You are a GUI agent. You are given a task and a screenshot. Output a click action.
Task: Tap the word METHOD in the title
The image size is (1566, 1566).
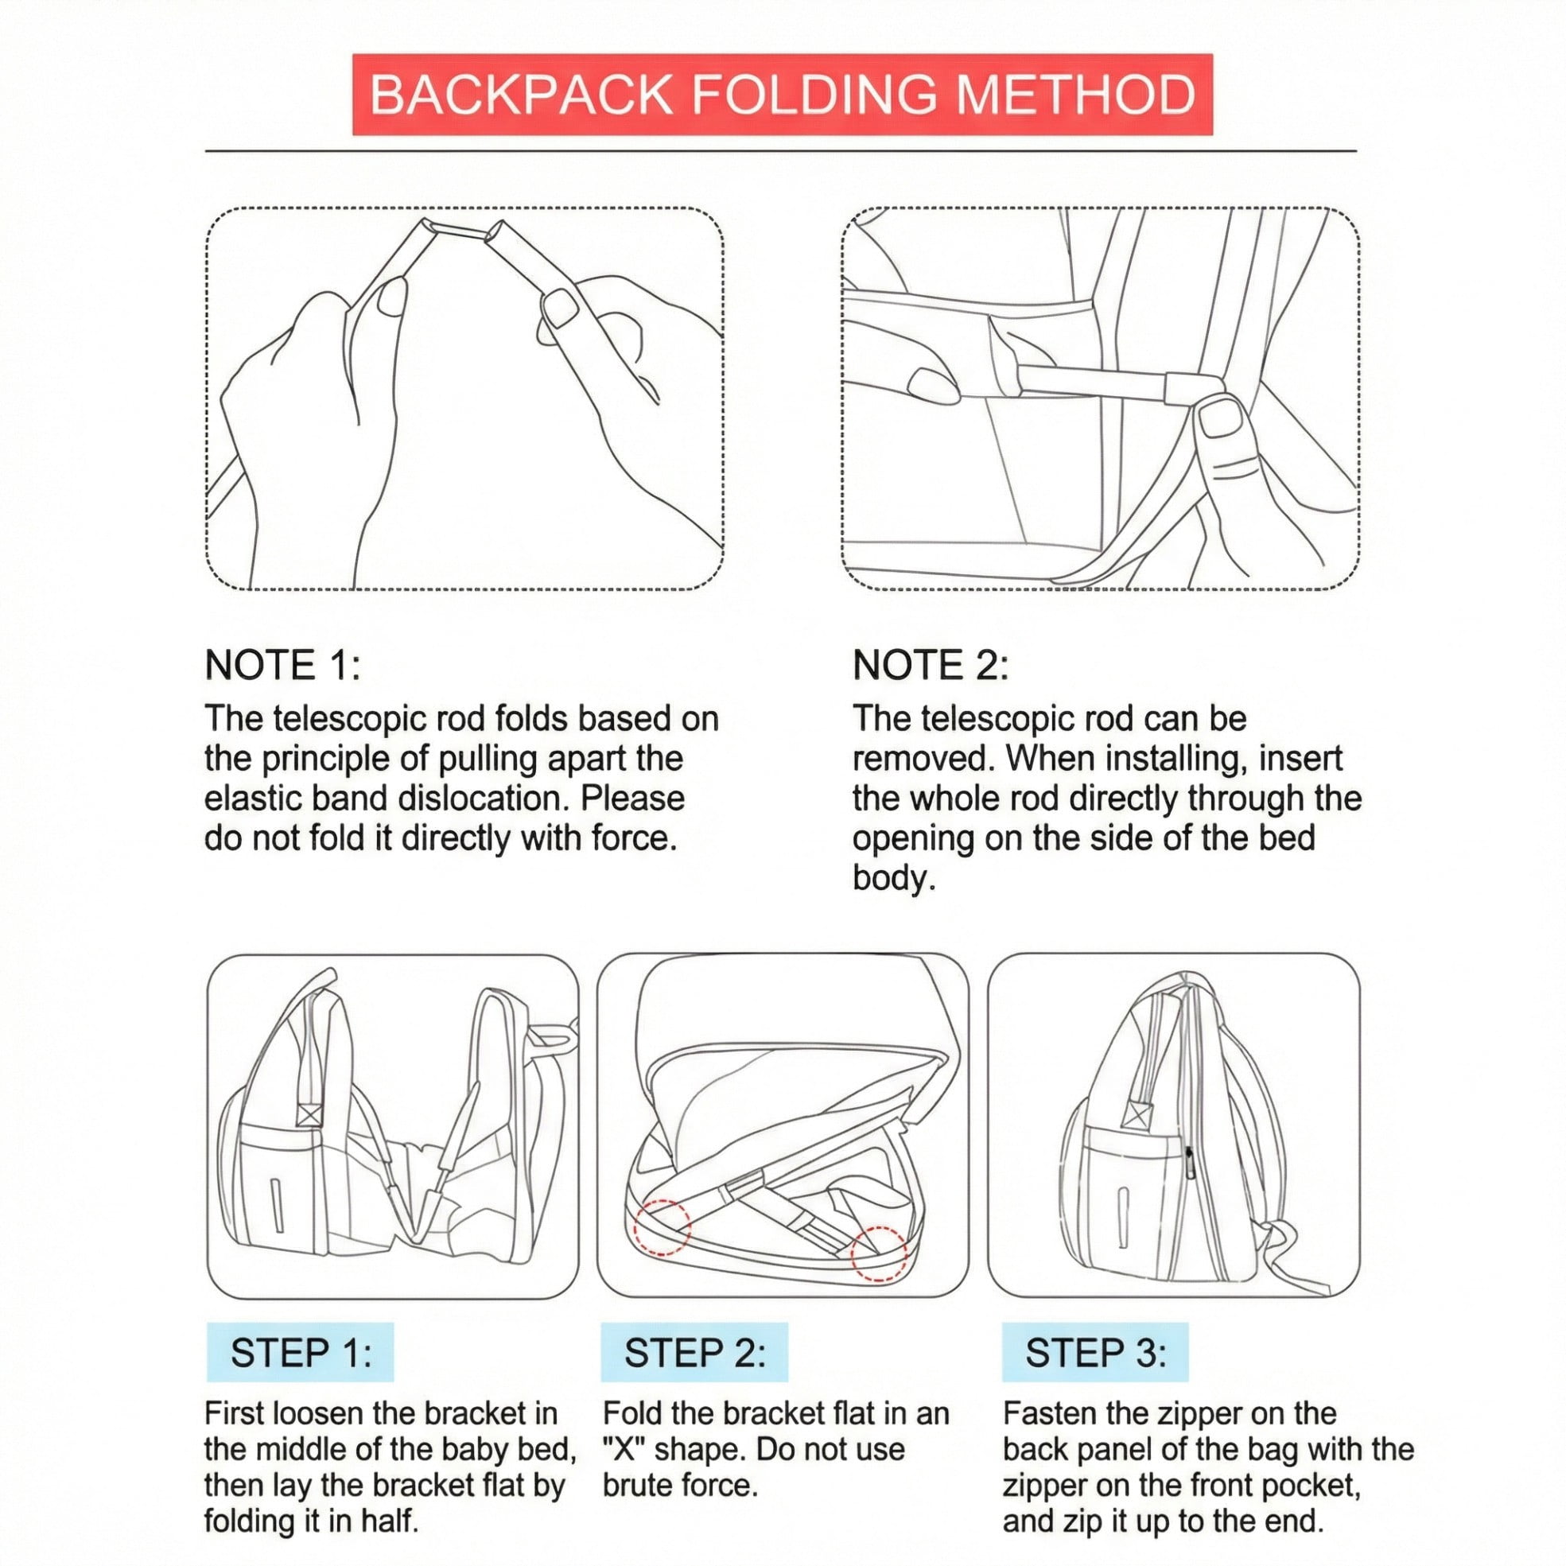(x=1075, y=95)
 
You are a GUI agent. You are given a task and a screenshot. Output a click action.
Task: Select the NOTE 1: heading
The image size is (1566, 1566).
(x=283, y=666)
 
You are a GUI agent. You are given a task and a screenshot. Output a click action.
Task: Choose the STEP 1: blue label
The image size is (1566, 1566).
(x=300, y=1353)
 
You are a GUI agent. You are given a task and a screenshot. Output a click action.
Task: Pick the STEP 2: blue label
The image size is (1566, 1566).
(x=694, y=1353)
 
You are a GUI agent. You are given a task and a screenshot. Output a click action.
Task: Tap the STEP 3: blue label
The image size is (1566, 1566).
(x=1095, y=1353)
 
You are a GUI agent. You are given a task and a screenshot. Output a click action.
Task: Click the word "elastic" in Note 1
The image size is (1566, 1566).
(x=253, y=799)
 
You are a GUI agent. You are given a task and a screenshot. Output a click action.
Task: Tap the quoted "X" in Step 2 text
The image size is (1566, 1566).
(x=624, y=1448)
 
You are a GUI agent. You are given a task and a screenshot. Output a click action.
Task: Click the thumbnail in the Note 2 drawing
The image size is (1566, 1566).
(x=1218, y=418)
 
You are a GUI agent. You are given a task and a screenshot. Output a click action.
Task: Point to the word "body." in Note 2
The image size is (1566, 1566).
(x=894, y=878)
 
